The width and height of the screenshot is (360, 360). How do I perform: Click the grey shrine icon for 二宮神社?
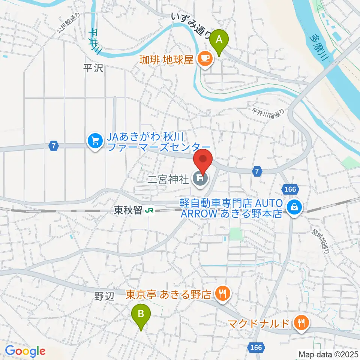(x=199, y=178)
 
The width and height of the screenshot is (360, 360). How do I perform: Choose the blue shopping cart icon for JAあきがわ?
(x=95, y=141)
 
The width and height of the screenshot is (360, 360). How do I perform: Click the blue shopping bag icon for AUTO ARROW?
(x=295, y=207)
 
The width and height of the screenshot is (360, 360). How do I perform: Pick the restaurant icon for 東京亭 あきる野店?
(x=223, y=294)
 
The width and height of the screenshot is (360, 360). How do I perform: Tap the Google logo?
(x=25, y=351)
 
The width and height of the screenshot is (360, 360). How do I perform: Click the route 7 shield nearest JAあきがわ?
(x=54, y=146)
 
